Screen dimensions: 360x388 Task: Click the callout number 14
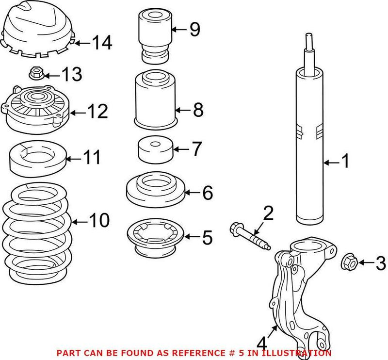click(102, 43)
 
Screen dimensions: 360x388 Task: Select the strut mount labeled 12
click(35, 108)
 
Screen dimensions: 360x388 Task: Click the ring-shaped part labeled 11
click(37, 159)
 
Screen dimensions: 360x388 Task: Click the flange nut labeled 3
click(350, 262)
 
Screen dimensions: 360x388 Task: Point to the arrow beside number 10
click(80, 222)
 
